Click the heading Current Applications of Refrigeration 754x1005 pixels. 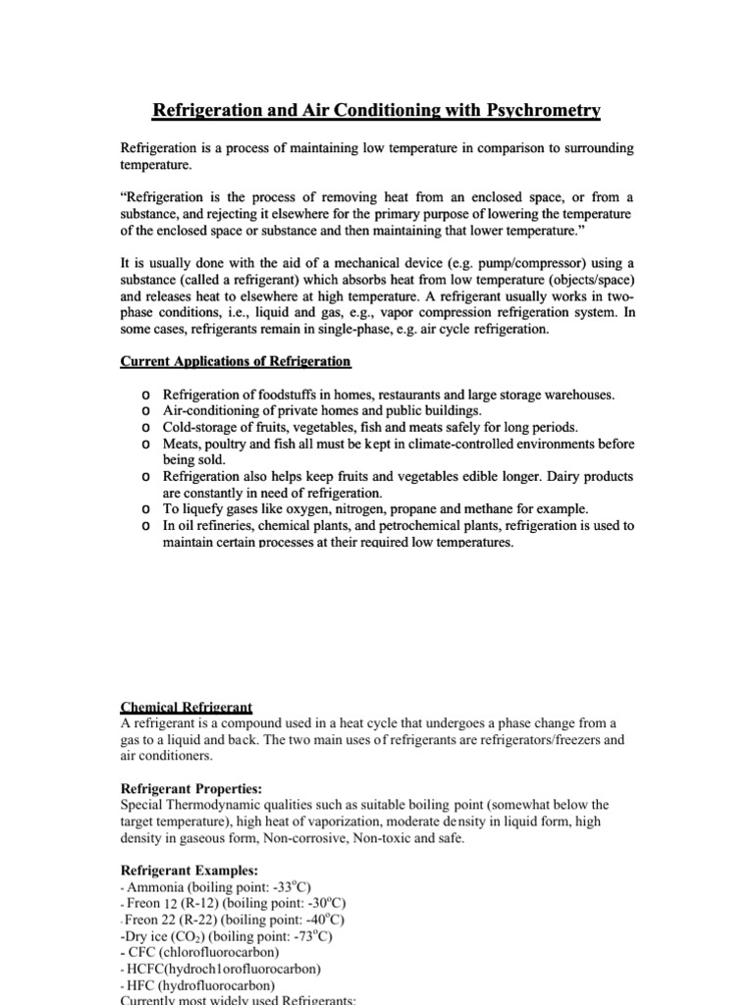(235, 361)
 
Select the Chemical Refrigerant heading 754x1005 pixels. (187, 707)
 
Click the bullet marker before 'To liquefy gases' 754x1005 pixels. (145, 509)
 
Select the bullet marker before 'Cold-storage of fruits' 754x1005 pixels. (145, 428)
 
